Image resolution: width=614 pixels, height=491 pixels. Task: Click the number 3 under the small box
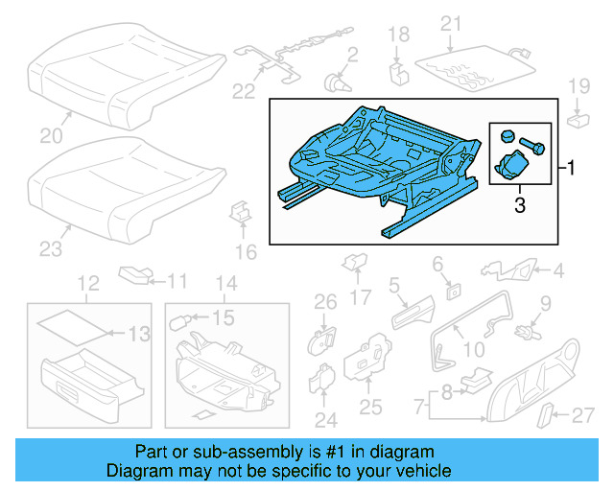[519, 205]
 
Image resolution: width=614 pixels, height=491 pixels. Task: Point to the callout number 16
[247, 252]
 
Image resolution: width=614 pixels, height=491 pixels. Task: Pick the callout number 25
[370, 408]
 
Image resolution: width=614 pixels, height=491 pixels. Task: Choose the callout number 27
[582, 416]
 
